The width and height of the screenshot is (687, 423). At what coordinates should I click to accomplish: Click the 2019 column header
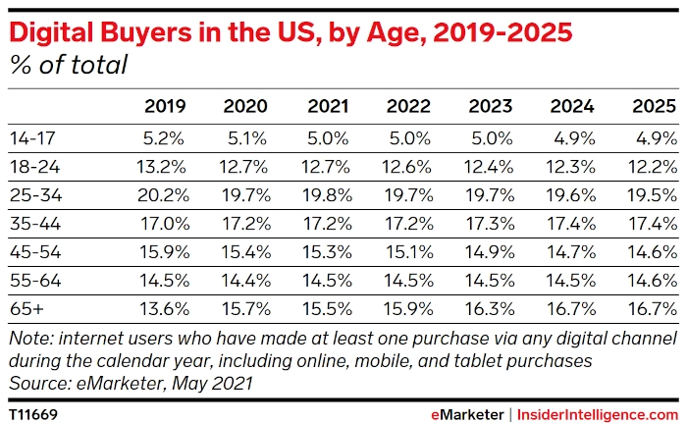pos(165,106)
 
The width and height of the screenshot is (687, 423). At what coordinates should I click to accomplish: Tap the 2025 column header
pos(654,106)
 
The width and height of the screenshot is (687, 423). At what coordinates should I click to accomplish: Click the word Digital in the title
pos(52,33)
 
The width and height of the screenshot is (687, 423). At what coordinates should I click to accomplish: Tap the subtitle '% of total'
pos(68,66)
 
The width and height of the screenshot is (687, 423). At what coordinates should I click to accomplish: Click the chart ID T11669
pos(33,414)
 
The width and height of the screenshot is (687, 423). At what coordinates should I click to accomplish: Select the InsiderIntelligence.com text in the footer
pos(596,414)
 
